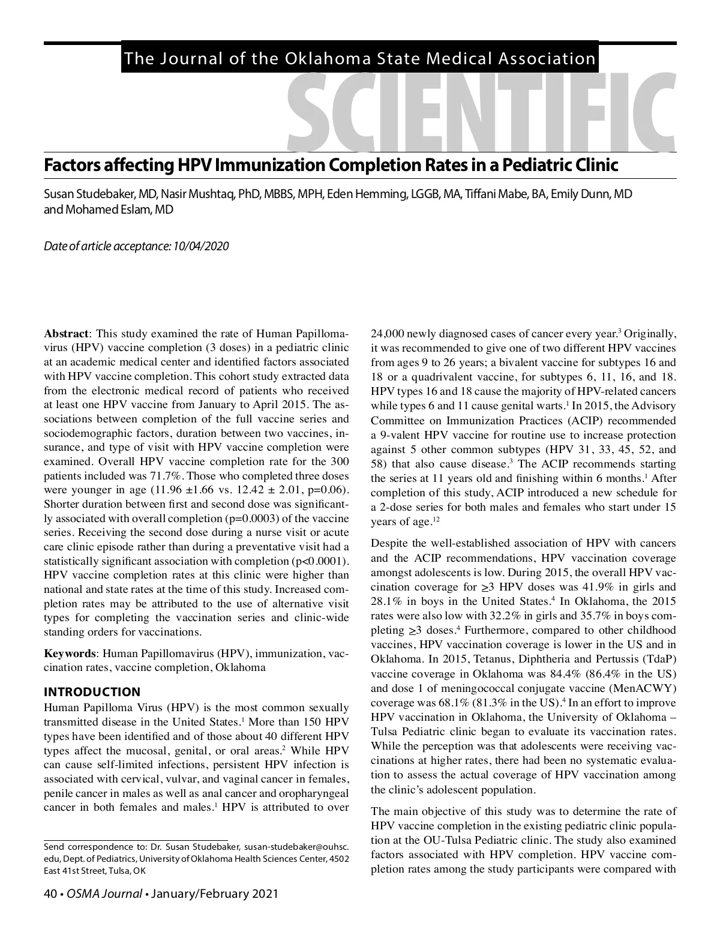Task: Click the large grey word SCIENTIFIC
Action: pyautogui.click(x=480, y=111)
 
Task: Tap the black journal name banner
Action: pyautogui.click(x=359, y=58)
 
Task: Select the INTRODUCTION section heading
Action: pyautogui.click(x=92, y=692)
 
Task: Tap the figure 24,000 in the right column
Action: pyautogui.click(x=389, y=334)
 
